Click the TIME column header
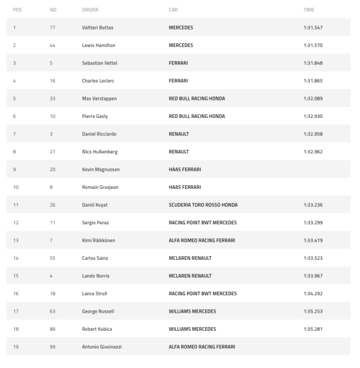pyautogui.click(x=309, y=10)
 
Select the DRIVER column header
pyautogui.click(x=90, y=10)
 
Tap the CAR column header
pyautogui.click(x=173, y=10)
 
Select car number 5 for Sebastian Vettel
pyautogui.click(x=52, y=63)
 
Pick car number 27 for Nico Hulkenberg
pyautogui.click(x=52, y=152)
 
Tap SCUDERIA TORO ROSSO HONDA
pyautogui.click(x=203, y=205)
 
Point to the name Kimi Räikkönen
pyautogui.click(x=98, y=241)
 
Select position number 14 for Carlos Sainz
pyautogui.click(x=15, y=258)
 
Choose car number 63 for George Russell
pyautogui.click(x=52, y=311)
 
